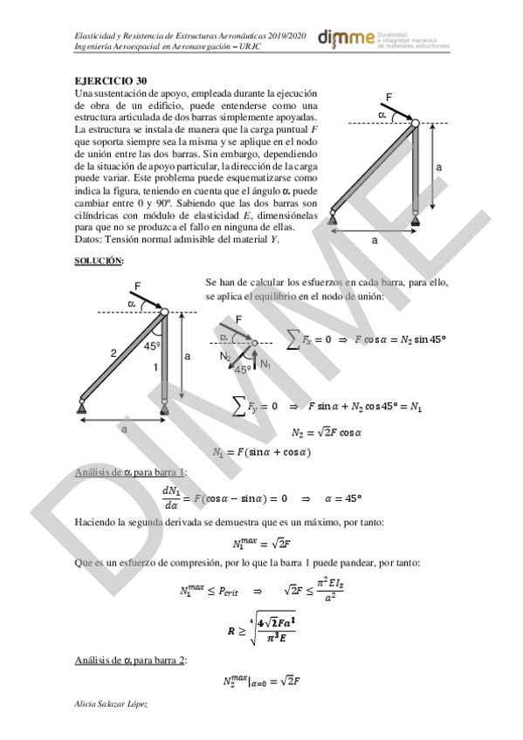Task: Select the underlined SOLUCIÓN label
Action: [x=98, y=260]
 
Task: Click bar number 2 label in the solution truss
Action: [x=113, y=353]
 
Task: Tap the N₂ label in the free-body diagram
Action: [x=225, y=356]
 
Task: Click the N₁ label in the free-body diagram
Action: [x=265, y=363]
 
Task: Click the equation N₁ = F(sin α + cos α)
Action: [x=263, y=452]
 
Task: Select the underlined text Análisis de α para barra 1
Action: [x=129, y=473]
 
